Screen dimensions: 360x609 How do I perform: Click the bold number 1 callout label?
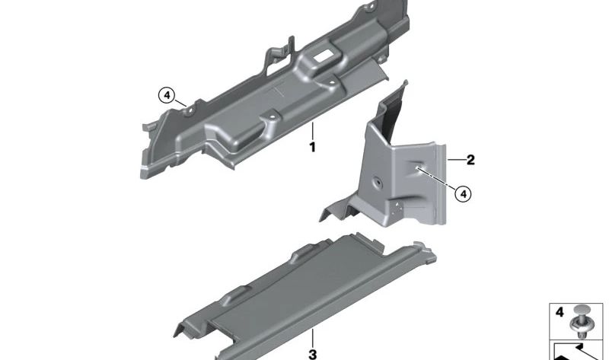tap(311, 147)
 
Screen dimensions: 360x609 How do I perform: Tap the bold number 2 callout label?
tap(470, 160)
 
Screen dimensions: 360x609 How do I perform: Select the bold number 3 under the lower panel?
tap(312, 354)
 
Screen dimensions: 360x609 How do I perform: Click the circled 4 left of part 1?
tap(166, 96)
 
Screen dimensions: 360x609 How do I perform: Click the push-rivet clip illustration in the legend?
tap(582, 321)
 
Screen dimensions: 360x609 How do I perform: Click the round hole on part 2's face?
tap(377, 183)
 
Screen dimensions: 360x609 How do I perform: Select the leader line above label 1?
tap(311, 129)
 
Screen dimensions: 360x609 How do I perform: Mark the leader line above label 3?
tap(312, 336)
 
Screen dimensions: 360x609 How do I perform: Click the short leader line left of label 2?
tap(454, 160)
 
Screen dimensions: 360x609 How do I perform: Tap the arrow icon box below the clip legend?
tap(579, 352)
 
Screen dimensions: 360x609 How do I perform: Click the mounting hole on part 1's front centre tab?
tap(269, 117)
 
